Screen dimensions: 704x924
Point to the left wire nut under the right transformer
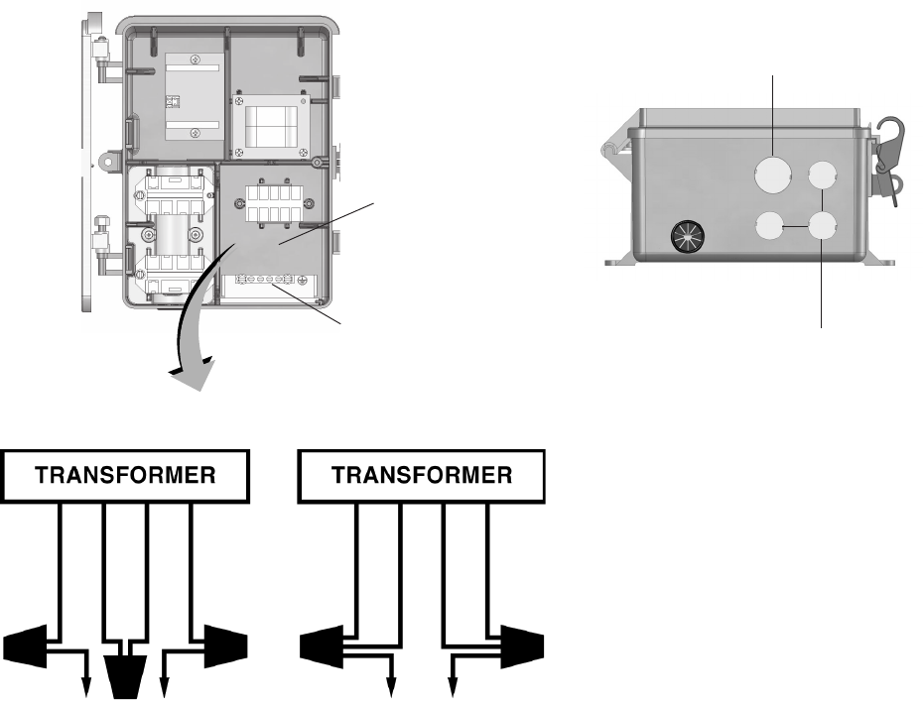coord(327,647)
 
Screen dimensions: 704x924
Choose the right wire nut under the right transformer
coord(517,647)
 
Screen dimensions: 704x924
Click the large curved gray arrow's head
coord(195,374)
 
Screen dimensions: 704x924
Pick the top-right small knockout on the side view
coord(822,176)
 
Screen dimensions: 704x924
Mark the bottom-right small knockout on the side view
coord(822,227)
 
